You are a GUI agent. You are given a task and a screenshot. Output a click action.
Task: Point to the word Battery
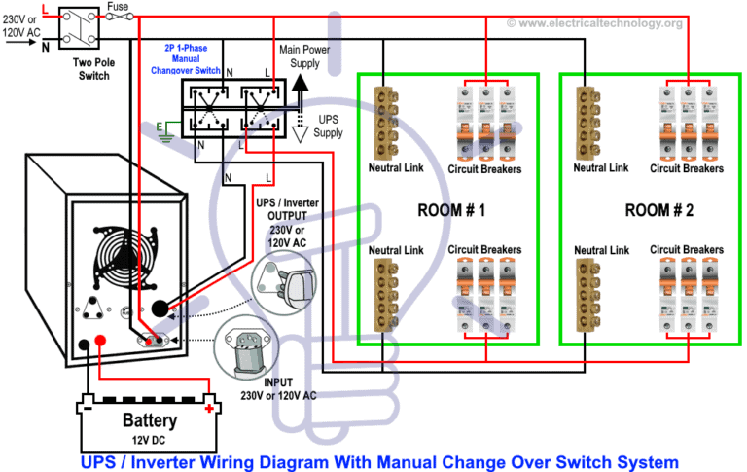point(149,420)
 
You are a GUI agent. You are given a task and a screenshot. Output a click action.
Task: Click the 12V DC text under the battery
point(149,438)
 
